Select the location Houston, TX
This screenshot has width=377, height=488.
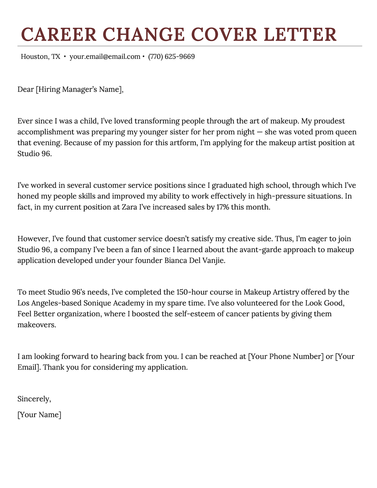[41, 57]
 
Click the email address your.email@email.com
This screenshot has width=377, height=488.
[105, 57]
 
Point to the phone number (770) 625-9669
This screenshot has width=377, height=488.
[171, 57]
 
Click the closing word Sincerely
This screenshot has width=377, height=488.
[34, 399]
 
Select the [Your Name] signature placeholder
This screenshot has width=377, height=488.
[39, 415]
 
